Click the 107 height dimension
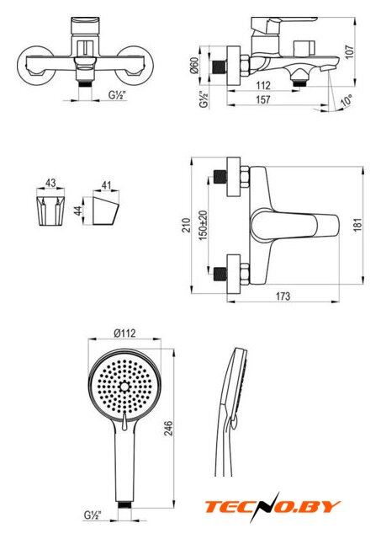click(350, 51)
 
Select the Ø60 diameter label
click(194, 66)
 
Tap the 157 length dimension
click(263, 99)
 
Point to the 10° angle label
click(347, 101)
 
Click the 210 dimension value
click(186, 225)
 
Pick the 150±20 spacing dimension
click(204, 226)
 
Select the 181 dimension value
click(358, 225)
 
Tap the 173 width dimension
click(283, 296)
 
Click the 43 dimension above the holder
click(50, 183)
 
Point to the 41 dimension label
click(107, 185)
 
